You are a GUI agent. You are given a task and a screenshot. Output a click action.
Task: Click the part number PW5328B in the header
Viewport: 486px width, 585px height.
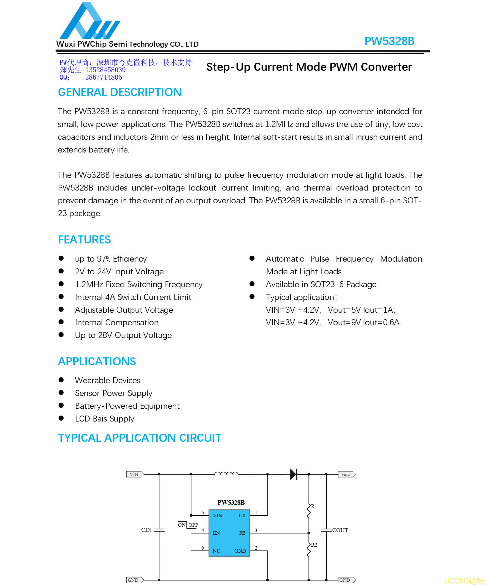[389, 41]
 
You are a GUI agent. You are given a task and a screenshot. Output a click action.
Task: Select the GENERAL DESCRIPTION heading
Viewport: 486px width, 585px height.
[119, 92]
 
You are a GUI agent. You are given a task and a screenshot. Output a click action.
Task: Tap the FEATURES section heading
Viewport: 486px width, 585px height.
[84, 240]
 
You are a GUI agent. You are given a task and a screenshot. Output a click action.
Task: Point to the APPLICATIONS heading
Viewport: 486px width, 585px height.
[97, 362]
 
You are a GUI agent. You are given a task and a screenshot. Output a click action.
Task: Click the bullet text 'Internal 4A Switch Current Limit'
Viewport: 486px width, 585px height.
[133, 297]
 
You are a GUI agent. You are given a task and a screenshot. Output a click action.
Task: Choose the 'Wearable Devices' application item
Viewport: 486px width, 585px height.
[108, 380]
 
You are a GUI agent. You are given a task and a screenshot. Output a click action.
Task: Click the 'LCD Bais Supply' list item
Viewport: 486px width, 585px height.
[104, 419]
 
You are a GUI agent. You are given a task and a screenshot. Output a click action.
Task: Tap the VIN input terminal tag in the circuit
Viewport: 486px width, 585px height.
[134, 474]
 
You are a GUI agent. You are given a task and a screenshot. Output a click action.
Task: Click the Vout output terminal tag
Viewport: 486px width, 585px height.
[346, 474]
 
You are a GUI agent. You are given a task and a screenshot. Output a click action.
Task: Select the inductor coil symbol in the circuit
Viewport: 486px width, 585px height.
[226, 473]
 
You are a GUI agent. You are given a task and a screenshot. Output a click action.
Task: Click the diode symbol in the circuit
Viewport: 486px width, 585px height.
[294, 474]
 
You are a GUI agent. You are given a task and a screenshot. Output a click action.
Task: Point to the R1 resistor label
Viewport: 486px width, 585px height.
[314, 506]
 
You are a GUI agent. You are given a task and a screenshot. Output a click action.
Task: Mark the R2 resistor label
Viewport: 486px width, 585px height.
[314, 545]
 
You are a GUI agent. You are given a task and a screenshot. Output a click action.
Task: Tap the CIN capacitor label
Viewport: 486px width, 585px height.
[146, 530]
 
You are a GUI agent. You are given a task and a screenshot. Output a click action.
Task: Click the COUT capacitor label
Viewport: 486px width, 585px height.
[340, 530]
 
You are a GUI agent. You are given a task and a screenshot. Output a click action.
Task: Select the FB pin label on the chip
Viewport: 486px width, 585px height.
[242, 533]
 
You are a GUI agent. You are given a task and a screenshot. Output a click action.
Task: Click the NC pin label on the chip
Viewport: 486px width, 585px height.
[216, 551]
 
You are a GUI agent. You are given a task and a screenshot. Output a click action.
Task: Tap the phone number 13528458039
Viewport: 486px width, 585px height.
[106, 70]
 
